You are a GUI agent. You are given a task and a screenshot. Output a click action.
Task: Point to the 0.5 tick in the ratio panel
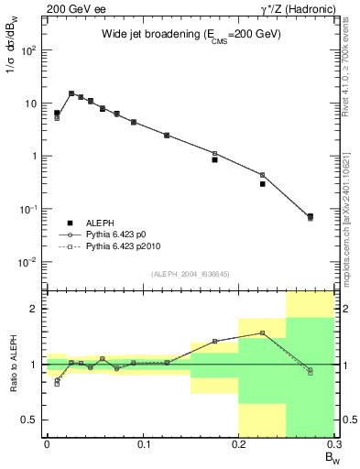pyautogui.click(x=34, y=420)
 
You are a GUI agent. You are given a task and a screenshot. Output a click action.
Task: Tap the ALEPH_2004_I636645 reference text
pyautogui.click(x=190, y=273)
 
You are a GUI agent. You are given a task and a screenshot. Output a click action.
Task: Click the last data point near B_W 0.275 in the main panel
pyautogui.click(x=310, y=217)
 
